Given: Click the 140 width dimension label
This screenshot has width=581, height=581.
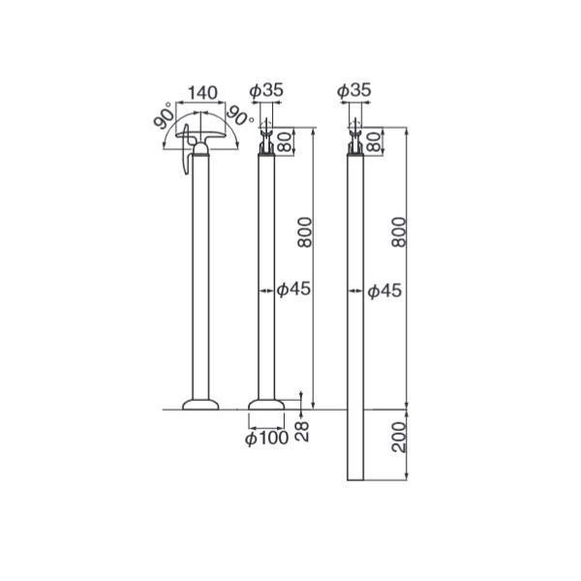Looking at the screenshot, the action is point(202,93).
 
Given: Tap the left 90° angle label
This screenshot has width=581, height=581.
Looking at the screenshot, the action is point(164,115).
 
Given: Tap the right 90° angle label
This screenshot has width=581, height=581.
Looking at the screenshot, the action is point(240,115).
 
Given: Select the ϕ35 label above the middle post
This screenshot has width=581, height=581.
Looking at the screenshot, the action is point(266,90).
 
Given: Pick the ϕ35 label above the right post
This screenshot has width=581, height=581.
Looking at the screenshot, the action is point(353,90).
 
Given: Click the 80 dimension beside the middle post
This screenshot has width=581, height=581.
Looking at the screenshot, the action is point(285,141).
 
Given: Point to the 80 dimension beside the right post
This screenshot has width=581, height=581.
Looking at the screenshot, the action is point(375,141).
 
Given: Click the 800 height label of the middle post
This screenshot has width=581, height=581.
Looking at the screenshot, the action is point(305,232).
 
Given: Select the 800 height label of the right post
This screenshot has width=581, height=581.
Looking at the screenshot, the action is point(399,232).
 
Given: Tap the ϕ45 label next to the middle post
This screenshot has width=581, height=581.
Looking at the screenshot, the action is point(293,290).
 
